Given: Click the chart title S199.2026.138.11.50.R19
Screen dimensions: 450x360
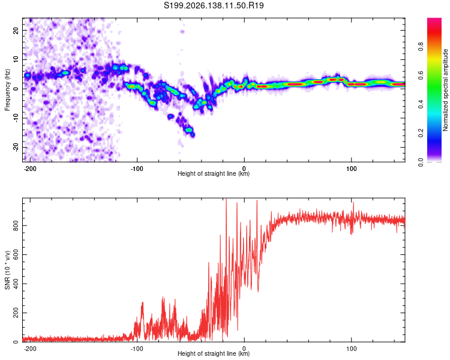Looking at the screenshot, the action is (214, 5).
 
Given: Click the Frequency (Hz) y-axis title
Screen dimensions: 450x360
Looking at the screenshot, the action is (7, 90).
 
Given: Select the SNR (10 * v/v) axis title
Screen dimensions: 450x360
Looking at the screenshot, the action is (7, 270).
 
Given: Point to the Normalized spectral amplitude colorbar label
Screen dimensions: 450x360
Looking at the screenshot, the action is (445, 90).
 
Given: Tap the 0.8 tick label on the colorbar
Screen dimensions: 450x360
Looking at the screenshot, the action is (421, 46).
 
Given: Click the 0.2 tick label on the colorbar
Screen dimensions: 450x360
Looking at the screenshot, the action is (421, 133).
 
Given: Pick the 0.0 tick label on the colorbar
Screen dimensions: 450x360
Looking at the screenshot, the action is (421, 162).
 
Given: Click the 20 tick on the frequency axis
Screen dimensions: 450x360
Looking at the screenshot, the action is (16, 30).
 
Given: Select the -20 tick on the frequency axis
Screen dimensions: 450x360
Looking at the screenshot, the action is (16, 147).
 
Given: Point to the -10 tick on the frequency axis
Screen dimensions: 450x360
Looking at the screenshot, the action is (16, 118).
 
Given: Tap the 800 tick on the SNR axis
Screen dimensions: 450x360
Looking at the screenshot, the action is (16, 226).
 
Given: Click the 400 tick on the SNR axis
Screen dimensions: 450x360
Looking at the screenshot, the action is (16, 284).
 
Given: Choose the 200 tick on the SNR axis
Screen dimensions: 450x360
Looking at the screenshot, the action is (16, 313).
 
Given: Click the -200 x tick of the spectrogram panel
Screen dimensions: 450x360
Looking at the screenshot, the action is (30, 169).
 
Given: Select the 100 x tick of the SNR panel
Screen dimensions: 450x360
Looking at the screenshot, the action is (351, 349).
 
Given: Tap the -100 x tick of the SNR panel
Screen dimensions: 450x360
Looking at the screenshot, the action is (137, 349).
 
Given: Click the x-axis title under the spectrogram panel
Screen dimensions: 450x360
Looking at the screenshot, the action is (214, 173).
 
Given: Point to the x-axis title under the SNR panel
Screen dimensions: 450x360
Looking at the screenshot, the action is (214, 353).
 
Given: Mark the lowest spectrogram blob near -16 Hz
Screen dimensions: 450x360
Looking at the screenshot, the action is (193, 134).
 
